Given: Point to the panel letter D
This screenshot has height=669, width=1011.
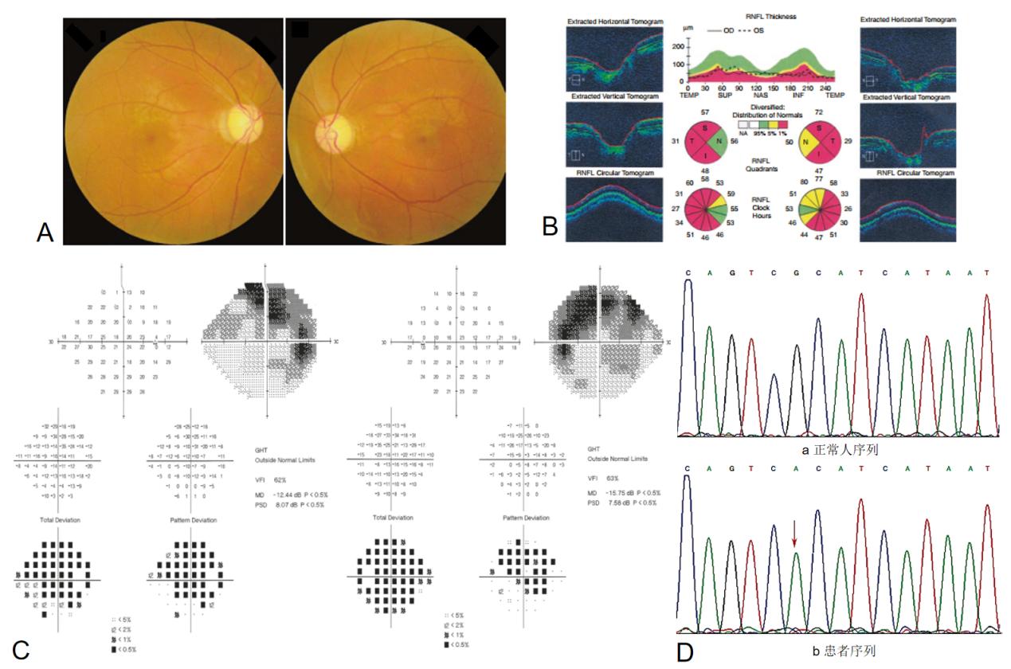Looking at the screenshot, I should (685, 651).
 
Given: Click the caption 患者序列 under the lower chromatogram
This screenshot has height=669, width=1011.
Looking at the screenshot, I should (841, 651).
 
